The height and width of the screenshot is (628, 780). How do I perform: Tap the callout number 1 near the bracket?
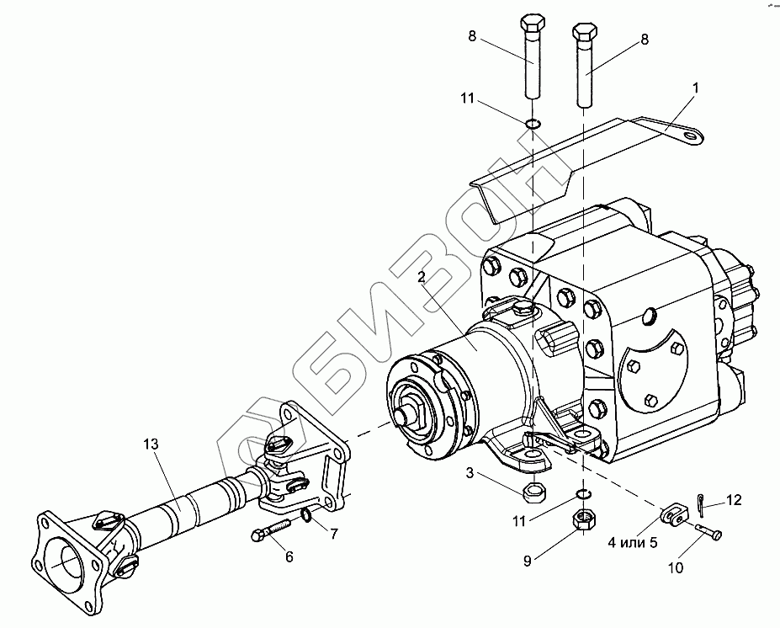click(695, 88)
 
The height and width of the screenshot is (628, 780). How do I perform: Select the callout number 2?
click(421, 278)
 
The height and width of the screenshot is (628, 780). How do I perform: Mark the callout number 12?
click(734, 500)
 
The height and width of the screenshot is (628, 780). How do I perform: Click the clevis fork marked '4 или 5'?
click(671, 513)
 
